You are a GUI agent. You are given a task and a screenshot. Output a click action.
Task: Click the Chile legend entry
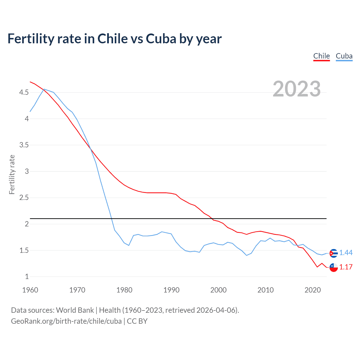[321, 56]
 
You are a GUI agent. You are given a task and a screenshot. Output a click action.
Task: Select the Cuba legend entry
[344, 56]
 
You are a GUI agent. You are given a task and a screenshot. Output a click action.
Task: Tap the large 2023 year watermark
[296, 89]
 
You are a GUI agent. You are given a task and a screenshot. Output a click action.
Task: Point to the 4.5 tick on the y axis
[24, 92]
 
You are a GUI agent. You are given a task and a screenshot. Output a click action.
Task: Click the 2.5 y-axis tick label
[24, 198]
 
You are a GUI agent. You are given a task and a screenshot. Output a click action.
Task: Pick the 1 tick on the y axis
[27, 277]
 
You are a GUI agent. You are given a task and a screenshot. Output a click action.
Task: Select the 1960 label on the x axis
[30, 290]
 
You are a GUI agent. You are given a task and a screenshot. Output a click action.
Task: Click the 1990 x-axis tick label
[171, 290]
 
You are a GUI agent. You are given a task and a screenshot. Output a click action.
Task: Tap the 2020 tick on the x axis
[312, 290]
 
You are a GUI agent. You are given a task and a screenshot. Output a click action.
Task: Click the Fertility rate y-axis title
[12, 174]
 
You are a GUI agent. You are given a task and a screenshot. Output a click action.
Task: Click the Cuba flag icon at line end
[334, 253]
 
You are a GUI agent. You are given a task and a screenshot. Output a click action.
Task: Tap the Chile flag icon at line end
[334, 267]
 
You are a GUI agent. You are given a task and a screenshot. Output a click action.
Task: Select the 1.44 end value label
[346, 253]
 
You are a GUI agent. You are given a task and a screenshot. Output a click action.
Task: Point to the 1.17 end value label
[346, 267]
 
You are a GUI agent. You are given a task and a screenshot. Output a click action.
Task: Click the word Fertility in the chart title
[31, 39]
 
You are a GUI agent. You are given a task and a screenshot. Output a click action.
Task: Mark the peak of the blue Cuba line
[44, 89]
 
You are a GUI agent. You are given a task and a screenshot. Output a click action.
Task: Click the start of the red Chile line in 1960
[30, 82]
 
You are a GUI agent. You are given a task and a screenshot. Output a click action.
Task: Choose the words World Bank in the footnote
[75, 310]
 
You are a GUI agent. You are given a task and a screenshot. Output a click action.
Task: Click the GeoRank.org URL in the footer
[66, 321]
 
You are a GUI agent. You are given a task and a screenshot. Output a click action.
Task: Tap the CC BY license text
[137, 321]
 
